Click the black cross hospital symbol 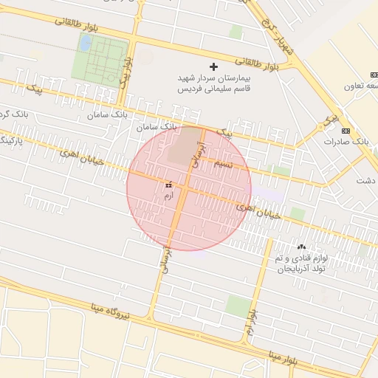click(215, 66)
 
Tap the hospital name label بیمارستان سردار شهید click(214, 78)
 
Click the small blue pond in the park click(85, 44)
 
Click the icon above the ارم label click(169, 184)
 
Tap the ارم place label click(168, 196)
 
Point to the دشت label click(365, 180)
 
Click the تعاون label click(360, 86)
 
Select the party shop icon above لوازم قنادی click(300, 247)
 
